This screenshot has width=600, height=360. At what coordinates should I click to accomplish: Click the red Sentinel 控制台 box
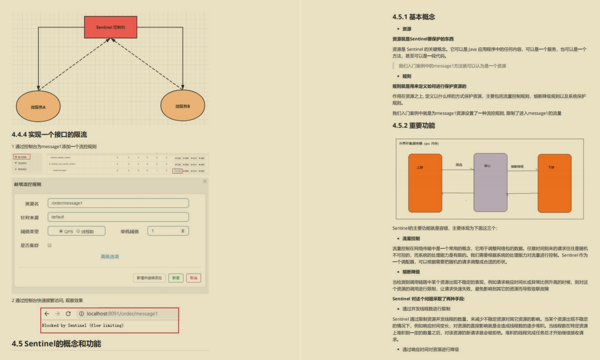click(x=111, y=27)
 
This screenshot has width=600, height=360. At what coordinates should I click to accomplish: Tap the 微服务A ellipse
click(x=38, y=107)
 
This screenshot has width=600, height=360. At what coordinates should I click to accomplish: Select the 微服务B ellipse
click(x=183, y=106)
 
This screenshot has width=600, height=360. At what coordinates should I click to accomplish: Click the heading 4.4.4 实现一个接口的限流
click(x=50, y=134)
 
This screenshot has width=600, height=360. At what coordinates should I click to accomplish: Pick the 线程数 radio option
click(x=79, y=232)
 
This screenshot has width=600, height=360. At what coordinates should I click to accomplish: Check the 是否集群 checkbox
click(x=50, y=245)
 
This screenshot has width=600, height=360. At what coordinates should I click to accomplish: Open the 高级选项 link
click(x=110, y=257)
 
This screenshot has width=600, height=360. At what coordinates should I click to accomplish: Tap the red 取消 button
click(x=193, y=278)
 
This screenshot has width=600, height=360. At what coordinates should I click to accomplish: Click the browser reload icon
click(x=68, y=314)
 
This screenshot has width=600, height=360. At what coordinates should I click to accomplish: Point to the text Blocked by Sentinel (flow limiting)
click(x=83, y=326)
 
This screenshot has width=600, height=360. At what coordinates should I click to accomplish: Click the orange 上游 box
click(x=425, y=183)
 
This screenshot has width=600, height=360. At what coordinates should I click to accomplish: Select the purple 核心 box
click(x=490, y=182)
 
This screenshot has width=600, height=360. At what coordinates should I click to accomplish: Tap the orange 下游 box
click(x=554, y=183)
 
